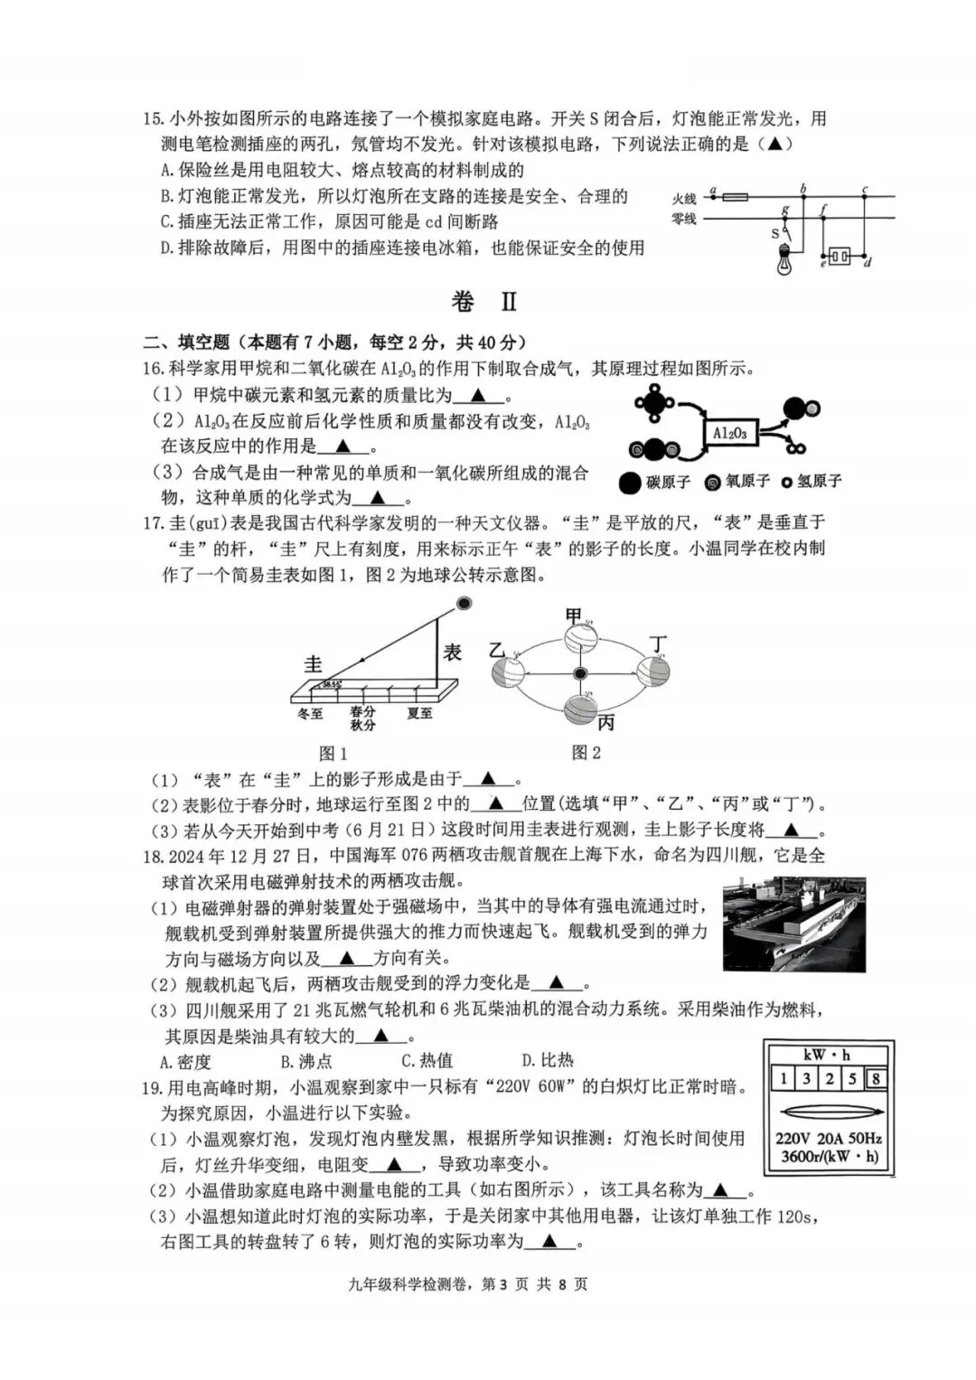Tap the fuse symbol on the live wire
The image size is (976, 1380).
coord(735,195)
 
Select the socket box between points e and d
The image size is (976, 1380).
coord(840,256)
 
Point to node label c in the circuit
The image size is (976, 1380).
coord(865,189)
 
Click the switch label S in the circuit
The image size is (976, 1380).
coord(774,233)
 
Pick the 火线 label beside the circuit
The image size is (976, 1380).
coord(684,198)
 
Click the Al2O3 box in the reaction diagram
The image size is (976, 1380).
coord(729,433)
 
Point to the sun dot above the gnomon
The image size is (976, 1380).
coord(464,604)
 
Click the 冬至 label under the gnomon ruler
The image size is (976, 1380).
coord(310,714)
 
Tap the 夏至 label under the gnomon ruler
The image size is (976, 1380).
coord(419,714)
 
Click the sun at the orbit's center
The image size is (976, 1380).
coord(580,673)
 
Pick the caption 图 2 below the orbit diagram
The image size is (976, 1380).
coord(586,752)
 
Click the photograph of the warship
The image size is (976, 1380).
coord(794,924)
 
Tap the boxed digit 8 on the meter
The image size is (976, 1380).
coord(875,1078)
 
